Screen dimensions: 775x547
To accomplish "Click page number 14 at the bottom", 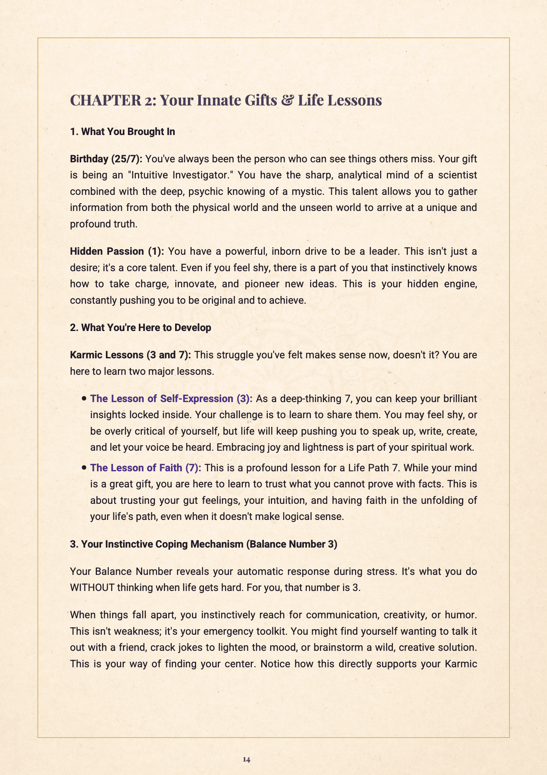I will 246,759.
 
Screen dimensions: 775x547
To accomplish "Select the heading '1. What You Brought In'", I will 122,132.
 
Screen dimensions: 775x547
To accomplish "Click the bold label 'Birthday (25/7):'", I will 106,159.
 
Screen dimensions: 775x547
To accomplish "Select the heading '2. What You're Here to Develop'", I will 140,328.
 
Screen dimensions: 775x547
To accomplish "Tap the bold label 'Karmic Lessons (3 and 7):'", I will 131,355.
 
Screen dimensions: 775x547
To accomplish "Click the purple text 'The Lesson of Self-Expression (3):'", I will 171,399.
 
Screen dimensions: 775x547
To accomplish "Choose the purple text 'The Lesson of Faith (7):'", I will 146,468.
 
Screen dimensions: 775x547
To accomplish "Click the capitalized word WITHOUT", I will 92,588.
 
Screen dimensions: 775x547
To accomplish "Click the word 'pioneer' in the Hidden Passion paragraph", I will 262,284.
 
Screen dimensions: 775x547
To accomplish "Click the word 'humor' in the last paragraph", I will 462,615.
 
